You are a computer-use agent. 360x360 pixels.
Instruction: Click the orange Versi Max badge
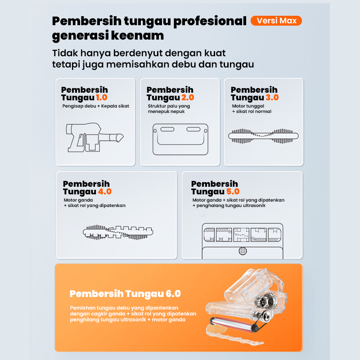276,21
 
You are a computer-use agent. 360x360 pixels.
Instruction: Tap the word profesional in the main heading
210,22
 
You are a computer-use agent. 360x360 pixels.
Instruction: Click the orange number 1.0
102,97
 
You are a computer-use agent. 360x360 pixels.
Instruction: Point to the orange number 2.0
188,97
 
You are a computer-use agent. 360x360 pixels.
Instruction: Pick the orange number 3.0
272,97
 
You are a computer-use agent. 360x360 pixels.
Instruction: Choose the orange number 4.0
105,192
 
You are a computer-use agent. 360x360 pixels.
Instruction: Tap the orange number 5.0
233,192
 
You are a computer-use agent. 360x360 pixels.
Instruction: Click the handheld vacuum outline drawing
94,137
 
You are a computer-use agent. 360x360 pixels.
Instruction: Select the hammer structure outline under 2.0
180,139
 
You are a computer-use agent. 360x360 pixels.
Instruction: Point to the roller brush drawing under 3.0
263,136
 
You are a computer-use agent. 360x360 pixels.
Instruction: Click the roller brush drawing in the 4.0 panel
118,232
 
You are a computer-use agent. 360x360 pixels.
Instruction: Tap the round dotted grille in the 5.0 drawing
243,251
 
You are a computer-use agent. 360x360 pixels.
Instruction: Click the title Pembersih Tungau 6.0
125,294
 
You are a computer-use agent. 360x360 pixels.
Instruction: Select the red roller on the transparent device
232,324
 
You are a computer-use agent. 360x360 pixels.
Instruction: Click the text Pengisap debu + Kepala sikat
96,106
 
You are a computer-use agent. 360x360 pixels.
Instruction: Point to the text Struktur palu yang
169,106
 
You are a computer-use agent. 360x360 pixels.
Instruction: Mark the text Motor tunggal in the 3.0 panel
248,106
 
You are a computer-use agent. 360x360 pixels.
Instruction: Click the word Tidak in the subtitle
65,53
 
